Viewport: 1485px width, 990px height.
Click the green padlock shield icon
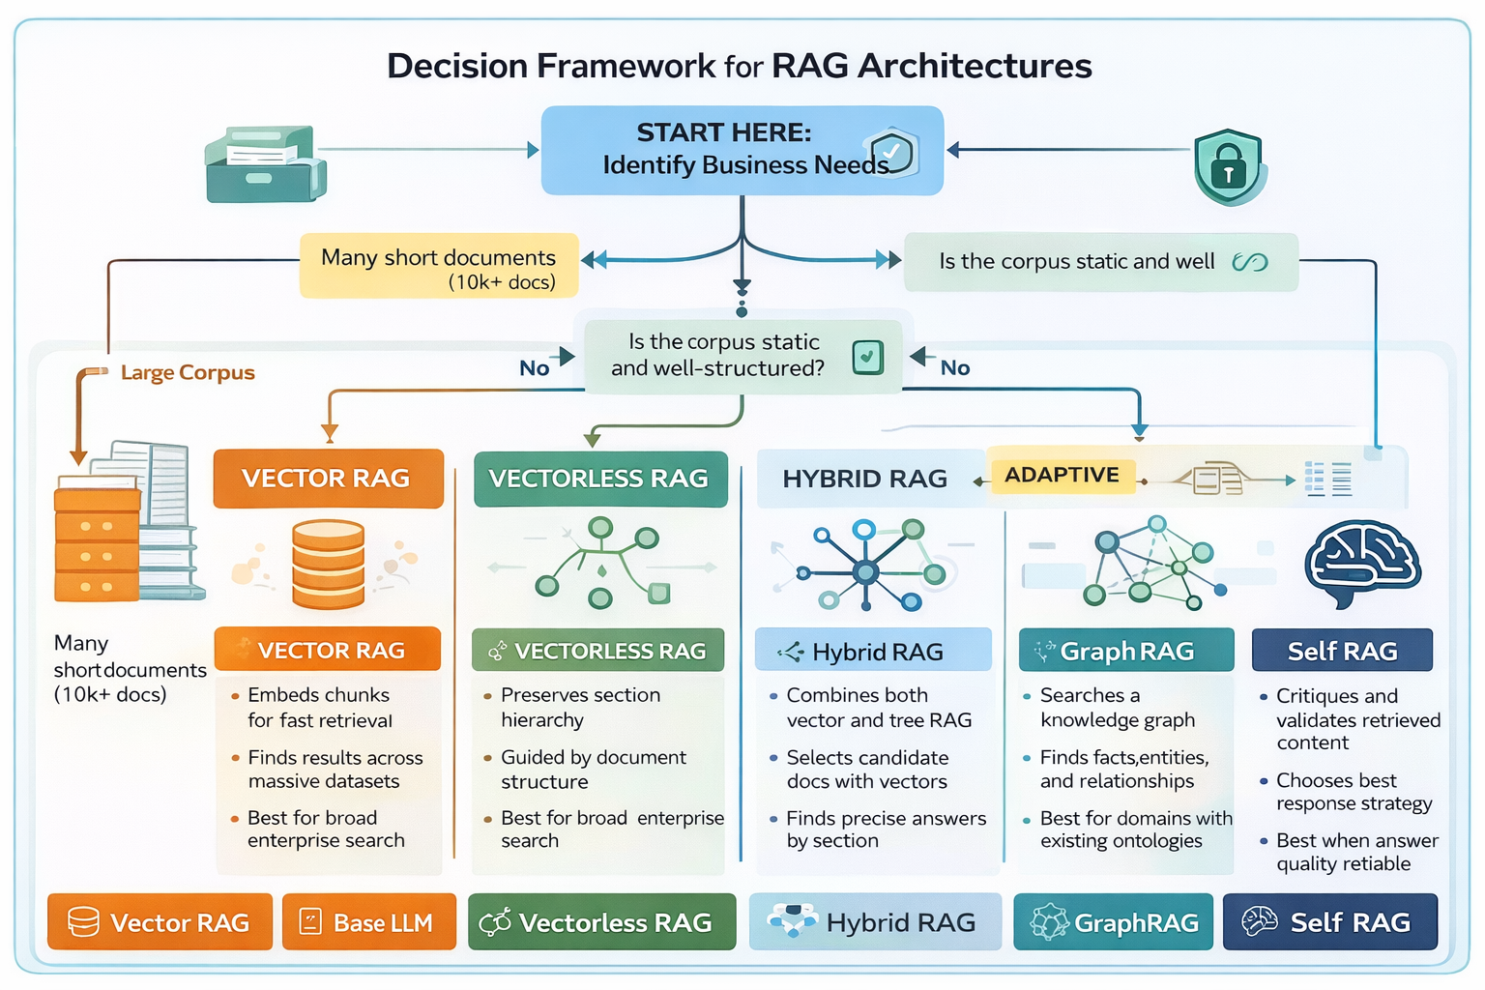(x=1228, y=167)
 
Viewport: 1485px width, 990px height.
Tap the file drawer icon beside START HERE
(x=264, y=164)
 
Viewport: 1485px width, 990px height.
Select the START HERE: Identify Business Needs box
(x=742, y=151)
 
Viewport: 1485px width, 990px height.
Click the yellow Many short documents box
(x=439, y=266)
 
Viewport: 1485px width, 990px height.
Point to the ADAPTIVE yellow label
(x=1062, y=475)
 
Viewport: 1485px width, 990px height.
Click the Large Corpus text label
(x=188, y=373)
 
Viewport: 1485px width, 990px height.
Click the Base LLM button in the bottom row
(x=368, y=922)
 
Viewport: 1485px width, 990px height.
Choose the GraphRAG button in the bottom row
(x=1113, y=922)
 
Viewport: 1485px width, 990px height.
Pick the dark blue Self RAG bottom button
(x=1329, y=922)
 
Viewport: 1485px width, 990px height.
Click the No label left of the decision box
(x=534, y=368)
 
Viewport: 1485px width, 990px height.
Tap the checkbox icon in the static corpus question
(x=867, y=357)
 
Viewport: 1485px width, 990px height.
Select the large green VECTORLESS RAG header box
(x=599, y=479)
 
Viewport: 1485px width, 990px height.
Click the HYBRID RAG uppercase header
(x=864, y=479)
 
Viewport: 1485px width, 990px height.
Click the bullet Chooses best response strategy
(x=1353, y=792)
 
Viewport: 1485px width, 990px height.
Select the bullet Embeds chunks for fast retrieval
(x=319, y=708)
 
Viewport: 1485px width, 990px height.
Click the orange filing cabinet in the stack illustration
(x=97, y=540)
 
